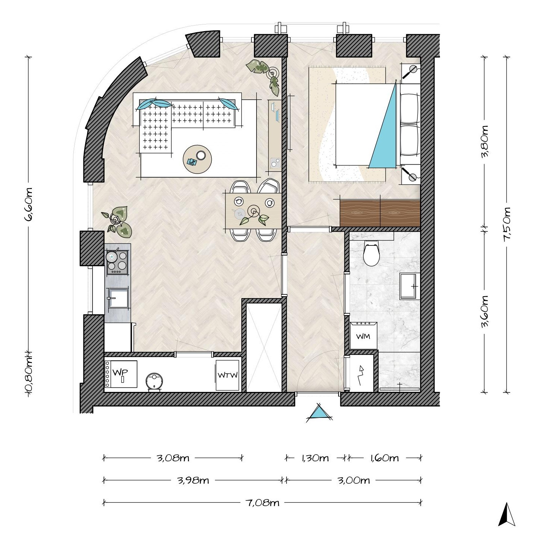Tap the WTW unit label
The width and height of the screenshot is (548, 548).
[228, 375]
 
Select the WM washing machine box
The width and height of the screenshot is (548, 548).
[363, 335]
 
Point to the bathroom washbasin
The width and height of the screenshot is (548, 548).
[410, 286]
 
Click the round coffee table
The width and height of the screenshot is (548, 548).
[198, 159]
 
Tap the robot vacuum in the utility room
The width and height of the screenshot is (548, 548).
[155, 382]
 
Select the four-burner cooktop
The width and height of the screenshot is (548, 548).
[118, 262]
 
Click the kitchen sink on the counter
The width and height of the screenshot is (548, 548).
[118, 298]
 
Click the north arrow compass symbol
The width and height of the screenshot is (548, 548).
[506, 514]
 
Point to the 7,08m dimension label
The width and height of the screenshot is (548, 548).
[262, 503]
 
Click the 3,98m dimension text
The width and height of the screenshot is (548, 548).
[193, 481]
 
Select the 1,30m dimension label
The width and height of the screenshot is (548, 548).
[315, 458]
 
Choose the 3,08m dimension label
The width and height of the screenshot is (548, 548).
[173, 458]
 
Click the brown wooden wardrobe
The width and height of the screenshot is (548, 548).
[380, 213]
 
